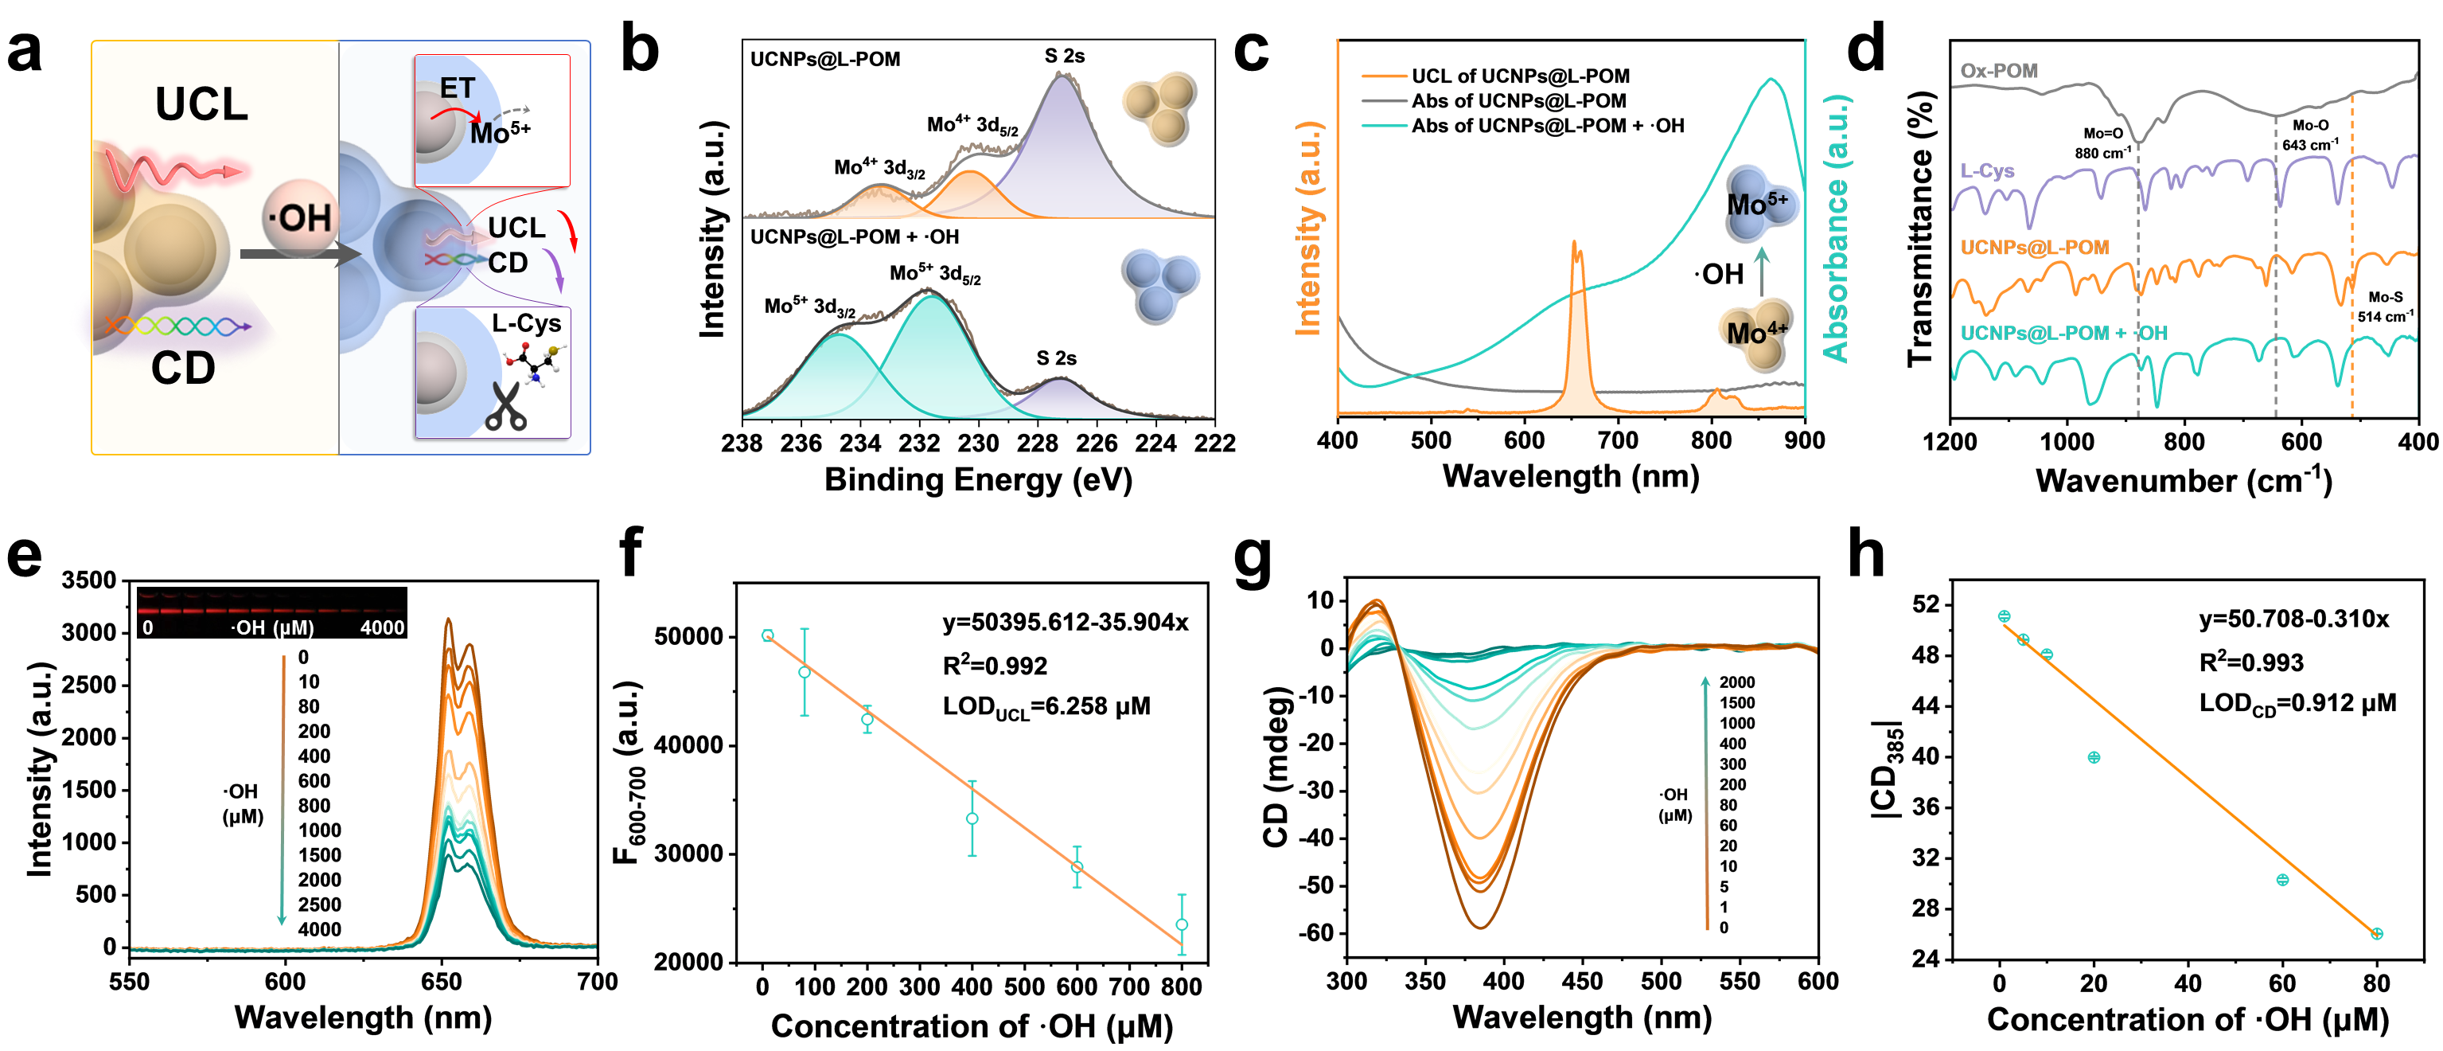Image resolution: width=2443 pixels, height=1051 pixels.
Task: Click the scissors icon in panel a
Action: [505, 407]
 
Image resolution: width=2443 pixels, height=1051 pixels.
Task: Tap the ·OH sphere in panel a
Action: [300, 217]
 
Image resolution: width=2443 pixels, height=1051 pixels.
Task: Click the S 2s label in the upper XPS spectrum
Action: [1064, 56]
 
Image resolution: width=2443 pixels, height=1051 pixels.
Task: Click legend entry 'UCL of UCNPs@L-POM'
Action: [1519, 76]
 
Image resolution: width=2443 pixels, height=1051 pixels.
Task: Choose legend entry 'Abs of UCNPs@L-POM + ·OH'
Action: [1547, 126]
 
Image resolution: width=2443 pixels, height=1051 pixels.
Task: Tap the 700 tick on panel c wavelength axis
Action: [1618, 441]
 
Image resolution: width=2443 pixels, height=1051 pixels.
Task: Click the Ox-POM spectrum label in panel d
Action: [1999, 71]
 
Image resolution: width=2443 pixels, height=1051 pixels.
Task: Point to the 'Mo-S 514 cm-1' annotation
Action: [2385, 307]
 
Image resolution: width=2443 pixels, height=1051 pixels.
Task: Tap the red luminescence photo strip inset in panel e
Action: [272, 611]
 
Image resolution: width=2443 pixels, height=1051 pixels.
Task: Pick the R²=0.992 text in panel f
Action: [995, 666]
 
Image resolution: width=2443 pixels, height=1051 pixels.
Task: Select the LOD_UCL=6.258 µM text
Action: [1046, 708]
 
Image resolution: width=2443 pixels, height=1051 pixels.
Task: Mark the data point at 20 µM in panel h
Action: [2094, 757]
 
